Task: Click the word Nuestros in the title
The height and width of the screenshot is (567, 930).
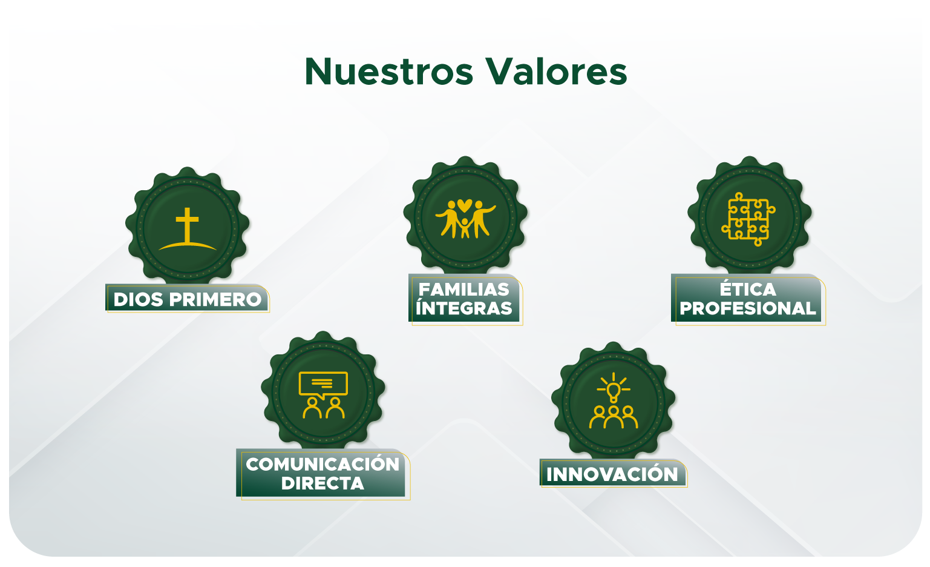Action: coord(389,71)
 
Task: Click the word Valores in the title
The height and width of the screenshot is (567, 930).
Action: coord(556,71)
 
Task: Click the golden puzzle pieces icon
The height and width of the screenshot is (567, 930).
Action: coord(748,219)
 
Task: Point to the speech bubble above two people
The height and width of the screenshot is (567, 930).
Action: coord(323,385)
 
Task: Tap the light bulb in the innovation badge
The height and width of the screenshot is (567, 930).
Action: coord(613,391)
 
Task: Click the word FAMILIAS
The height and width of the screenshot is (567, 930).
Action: coord(463,290)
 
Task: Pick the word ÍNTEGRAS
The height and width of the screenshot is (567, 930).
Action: coord(463,308)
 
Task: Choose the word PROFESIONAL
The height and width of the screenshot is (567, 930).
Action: coord(748,308)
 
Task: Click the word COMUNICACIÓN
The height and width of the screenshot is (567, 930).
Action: coord(323,463)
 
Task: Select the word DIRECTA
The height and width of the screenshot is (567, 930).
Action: coord(323,483)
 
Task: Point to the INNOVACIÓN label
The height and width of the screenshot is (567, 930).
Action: coord(612,474)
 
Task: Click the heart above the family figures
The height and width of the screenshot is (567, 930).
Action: coord(465,205)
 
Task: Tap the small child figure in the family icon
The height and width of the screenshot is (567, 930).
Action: coord(465,228)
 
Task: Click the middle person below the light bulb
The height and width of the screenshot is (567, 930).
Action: coord(613,417)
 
